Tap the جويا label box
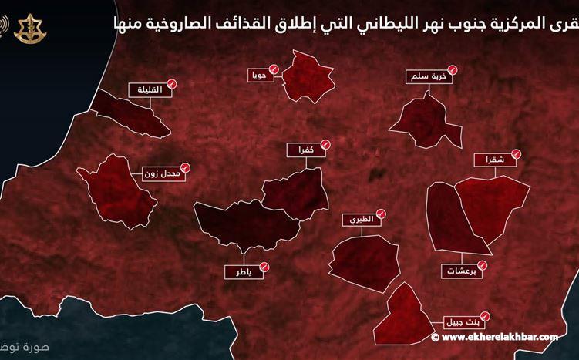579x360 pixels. point(258,76)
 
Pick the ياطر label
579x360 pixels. point(242,271)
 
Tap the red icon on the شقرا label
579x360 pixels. point(516,155)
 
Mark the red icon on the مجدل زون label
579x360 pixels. point(186,167)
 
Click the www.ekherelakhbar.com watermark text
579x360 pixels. point(502,337)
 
